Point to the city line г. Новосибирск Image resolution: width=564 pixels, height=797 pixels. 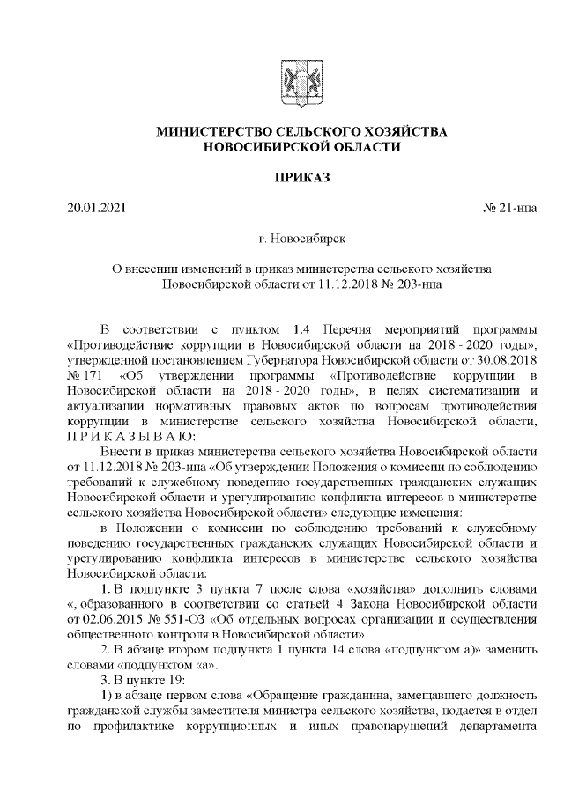[302, 239]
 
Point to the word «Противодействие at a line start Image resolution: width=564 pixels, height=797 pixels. [122, 344]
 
